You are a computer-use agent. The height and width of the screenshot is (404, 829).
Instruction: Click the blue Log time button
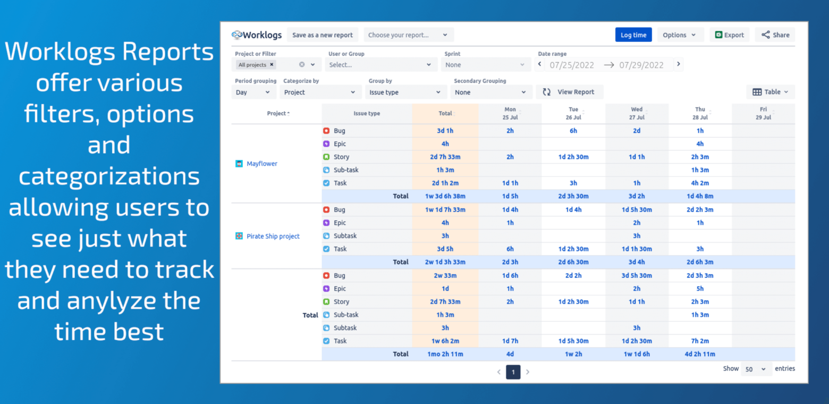633,35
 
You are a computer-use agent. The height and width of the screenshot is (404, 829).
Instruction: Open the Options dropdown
680,35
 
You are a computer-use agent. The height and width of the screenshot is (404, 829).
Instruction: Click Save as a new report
323,35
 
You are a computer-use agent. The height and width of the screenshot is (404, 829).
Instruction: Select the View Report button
570,92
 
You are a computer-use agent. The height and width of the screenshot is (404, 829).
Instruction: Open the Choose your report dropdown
408,35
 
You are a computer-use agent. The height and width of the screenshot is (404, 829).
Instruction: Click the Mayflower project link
262,164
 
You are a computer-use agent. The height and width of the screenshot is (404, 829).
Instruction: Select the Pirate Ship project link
273,236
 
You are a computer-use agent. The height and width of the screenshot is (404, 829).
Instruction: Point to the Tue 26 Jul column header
573,113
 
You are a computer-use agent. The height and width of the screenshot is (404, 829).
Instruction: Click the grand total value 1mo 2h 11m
445,354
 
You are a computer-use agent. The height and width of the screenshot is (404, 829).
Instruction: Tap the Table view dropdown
771,92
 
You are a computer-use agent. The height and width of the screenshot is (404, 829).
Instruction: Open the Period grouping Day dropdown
253,92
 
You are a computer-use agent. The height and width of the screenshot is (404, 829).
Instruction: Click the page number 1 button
513,372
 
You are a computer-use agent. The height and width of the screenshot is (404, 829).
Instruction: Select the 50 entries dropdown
755,369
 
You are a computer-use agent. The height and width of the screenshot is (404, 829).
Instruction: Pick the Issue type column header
367,113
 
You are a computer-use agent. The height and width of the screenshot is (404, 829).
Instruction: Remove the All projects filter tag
272,65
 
